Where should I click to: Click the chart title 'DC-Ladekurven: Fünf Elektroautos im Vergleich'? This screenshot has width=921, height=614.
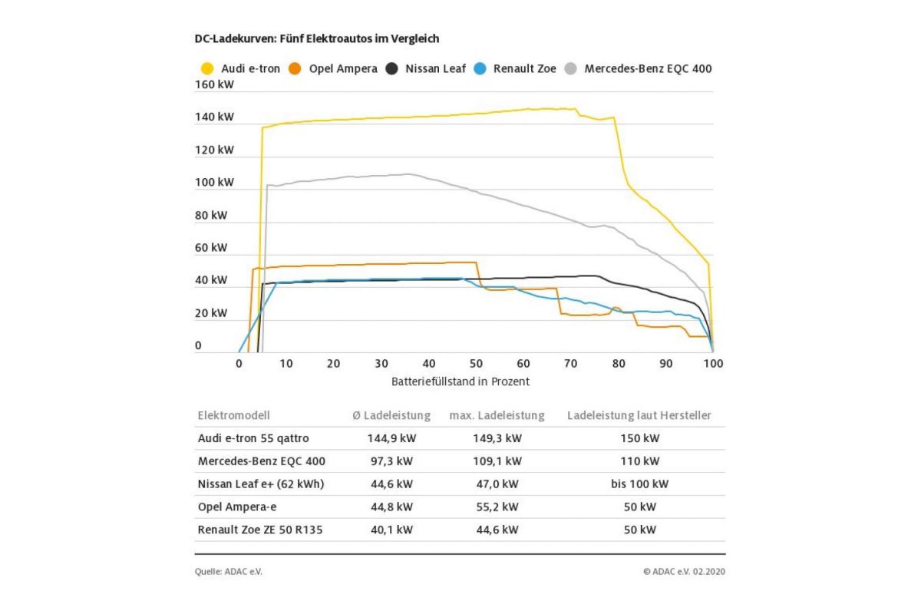click(x=317, y=38)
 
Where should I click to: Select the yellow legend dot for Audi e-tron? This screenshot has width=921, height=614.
click(x=206, y=68)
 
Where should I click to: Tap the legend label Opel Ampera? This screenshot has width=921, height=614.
click(x=343, y=68)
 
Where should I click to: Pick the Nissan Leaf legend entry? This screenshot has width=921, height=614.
click(x=436, y=68)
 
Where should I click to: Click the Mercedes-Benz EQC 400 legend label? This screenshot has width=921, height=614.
click(x=648, y=68)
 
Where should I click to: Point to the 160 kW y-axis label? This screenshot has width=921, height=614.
click(x=215, y=85)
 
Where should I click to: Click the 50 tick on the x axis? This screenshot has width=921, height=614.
click(x=476, y=363)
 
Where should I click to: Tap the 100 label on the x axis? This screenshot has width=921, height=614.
click(x=713, y=363)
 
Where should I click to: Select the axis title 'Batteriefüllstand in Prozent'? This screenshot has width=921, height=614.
click(x=460, y=381)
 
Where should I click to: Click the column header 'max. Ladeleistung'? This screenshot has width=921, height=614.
click(x=497, y=416)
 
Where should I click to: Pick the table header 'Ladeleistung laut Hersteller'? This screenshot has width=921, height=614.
click(x=639, y=416)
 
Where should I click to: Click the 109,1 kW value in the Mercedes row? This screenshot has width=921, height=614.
click(x=497, y=461)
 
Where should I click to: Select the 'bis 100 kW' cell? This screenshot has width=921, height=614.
click(x=639, y=484)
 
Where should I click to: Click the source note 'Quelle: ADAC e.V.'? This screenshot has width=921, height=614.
click(x=229, y=572)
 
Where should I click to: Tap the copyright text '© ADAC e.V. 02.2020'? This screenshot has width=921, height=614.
click(x=685, y=572)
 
